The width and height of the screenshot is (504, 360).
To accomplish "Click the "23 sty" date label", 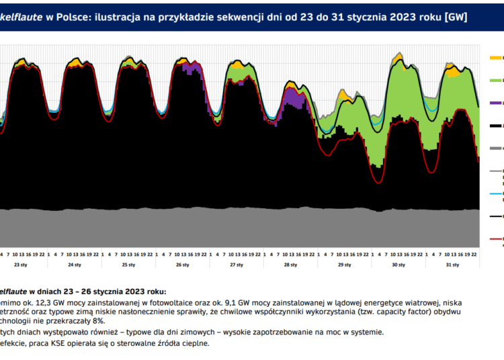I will pyautogui.click(x=22, y=265).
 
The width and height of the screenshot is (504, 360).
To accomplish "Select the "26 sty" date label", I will pyautogui.click(x=182, y=265).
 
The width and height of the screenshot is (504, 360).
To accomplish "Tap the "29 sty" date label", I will pyautogui.click(x=344, y=265).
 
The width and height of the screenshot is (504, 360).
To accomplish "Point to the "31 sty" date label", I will pyautogui.click(x=452, y=265).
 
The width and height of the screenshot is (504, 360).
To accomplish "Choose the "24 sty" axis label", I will pyautogui.click(x=75, y=265).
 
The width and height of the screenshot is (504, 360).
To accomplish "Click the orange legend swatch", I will pyautogui.click(x=497, y=57).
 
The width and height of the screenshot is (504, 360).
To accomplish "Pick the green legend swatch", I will pyautogui.click(x=497, y=80).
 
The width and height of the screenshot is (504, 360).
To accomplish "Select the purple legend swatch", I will pyautogui.click(x=497, y=103).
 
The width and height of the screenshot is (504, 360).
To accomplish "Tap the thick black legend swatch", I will pyautogui.click(x=497, y=126).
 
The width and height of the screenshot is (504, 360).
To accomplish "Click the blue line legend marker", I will pyautogui.click(x=497, y=194).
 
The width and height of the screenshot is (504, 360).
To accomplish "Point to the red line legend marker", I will pyautogui.click(x=497, y=239).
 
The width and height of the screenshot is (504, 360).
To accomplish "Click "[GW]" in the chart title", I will pyautogui.click(x=456, y=16).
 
